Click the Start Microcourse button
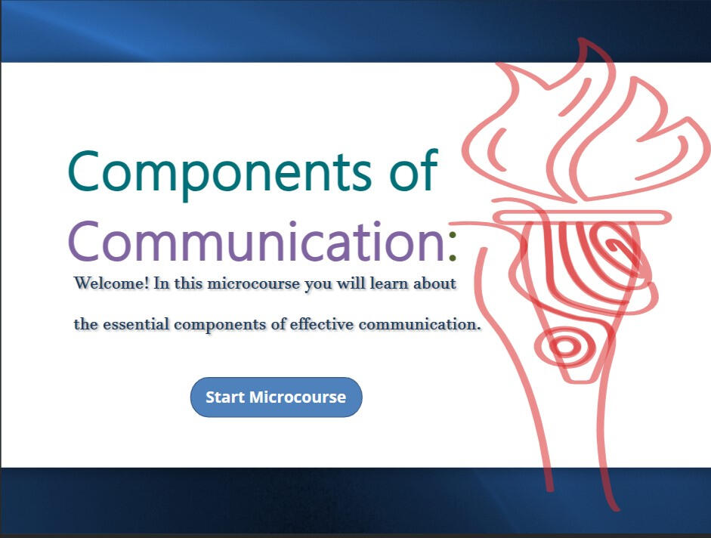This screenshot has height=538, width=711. (x=276, y=397)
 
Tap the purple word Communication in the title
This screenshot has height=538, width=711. (x=257, y=240)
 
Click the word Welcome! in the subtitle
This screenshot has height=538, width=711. (x=112, y=283)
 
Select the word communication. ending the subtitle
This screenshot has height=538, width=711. (x=419, y=324)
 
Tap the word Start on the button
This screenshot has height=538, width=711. (x=225, y=397)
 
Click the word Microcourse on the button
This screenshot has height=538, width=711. (x=298, y=397)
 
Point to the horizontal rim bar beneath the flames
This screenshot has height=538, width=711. (x=582, y=218)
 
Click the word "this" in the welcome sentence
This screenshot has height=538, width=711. (x=188, y=283)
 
